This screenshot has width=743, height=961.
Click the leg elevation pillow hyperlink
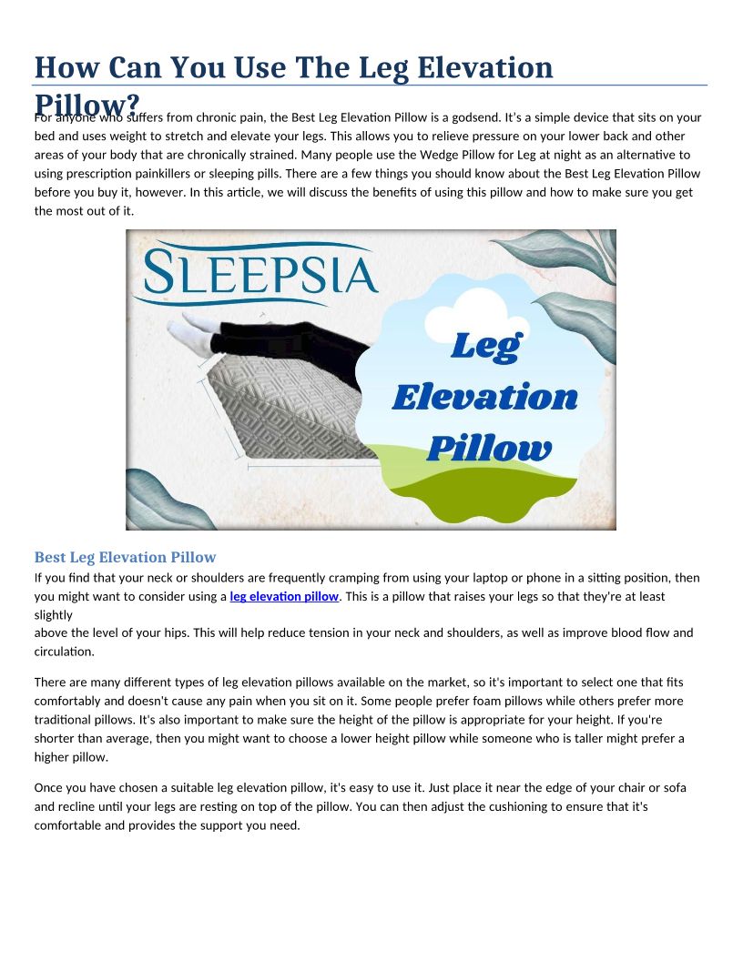(284, 597)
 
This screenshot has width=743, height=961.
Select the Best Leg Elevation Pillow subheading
(125, 557)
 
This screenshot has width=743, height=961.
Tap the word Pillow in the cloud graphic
(488, 448)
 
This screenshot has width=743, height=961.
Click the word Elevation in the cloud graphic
(484, 397)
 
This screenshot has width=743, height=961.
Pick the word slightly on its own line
(53, 614)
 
